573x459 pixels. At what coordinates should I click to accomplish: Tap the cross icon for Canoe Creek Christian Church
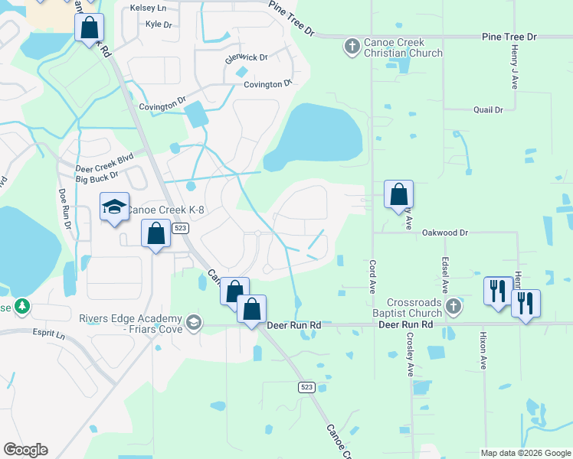[352, 47]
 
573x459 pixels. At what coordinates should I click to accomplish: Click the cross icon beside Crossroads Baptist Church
[453, 308]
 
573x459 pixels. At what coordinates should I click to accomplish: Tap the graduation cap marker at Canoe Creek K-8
[115, 207]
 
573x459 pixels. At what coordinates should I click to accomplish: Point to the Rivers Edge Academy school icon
[194, 321]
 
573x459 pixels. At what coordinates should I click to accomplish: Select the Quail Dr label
[488, 109]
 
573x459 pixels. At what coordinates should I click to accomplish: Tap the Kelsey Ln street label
[149, 7]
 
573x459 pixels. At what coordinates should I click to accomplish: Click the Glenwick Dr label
[246, 57]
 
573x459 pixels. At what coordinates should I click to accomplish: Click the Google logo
[25, 450]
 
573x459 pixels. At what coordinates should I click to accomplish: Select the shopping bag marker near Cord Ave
[398, 195]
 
